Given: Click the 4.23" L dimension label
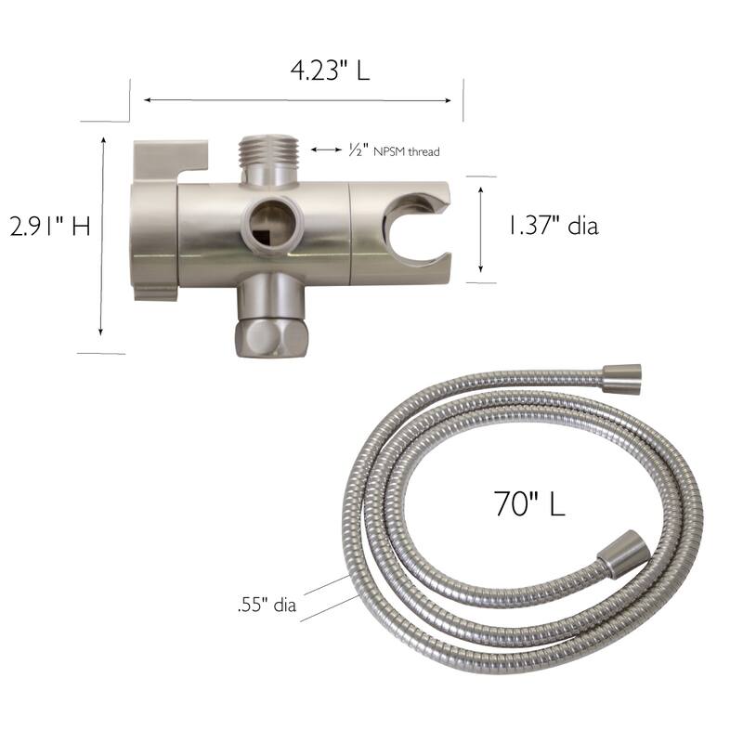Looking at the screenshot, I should click(329, 70).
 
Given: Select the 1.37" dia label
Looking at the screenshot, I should click(552, 226).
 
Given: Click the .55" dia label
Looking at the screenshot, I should click(267, 606).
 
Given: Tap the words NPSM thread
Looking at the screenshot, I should click(406, 151).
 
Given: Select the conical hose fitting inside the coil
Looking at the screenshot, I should click(619, 554).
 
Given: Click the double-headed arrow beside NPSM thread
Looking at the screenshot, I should click(327, 149).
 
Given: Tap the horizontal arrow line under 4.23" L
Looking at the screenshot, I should click(302, 100).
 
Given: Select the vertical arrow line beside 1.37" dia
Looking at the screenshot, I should click(480, 228).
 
